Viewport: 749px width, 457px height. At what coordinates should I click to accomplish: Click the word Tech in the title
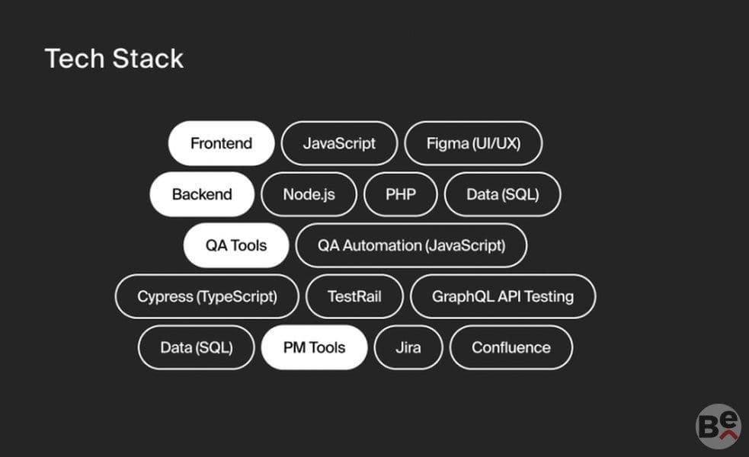tap(75, 59)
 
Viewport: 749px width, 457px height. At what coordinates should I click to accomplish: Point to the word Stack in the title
tap(148, 59)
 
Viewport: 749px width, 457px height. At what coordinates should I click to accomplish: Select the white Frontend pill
tap(221, 143)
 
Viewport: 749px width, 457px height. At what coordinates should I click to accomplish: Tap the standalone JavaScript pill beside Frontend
tap(339, 143)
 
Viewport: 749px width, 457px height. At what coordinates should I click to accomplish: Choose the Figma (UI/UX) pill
tap(473, 143)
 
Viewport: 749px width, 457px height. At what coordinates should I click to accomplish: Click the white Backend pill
tap(202, 194)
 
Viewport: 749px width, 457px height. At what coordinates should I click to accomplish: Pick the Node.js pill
tap(309, 194)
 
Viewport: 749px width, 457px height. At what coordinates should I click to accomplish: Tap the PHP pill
tap(400, 194)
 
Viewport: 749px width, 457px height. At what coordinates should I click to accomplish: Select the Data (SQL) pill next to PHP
tap(503, 194)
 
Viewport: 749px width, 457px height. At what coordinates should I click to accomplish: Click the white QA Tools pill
tap(236, 245)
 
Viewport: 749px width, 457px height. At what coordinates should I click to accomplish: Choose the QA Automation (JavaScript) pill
tap(411, 245)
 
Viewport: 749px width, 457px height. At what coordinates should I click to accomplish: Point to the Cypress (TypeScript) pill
tap(206, 296)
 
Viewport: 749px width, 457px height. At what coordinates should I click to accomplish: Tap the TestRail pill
tap(354, 296)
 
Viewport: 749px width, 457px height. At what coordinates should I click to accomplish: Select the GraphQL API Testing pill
tap(503, 296)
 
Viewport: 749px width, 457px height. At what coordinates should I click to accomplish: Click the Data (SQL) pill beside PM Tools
tap(197, 347)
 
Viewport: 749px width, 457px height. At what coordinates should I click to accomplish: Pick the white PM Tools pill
tap(315, 347)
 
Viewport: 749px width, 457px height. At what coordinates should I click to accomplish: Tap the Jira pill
tap(408, 347)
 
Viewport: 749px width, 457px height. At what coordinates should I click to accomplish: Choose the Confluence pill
tap(511, 347)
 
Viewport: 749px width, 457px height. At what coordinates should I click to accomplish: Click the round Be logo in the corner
tap(718, 427)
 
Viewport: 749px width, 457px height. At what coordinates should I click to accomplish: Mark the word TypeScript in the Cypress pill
tap(236, 296)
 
